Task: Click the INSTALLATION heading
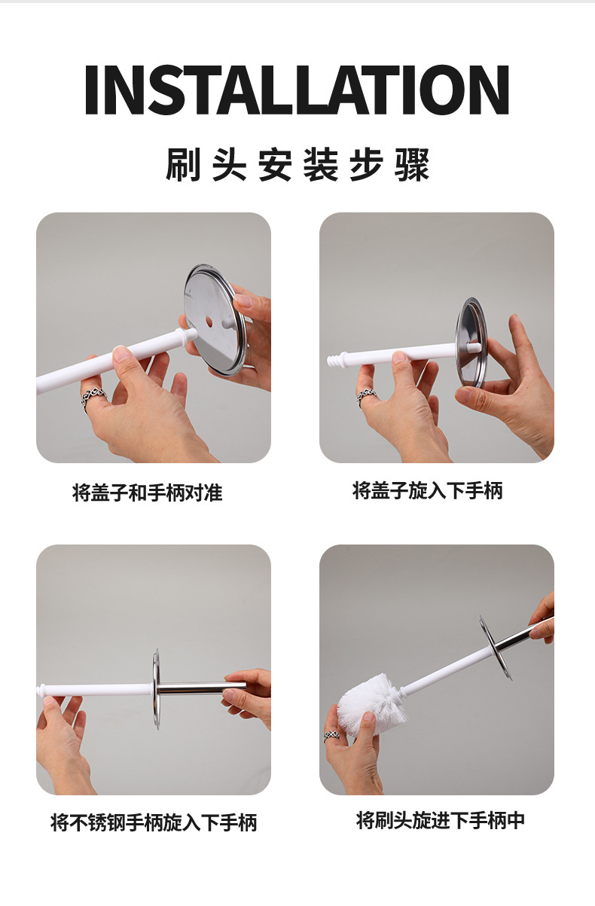(x=297, y=90)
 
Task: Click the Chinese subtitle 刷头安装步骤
(x=297, y=165)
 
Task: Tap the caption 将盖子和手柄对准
(x=147, y=493)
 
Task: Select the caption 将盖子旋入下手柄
(x=428, y=490)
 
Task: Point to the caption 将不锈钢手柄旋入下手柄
(x=154, y=822)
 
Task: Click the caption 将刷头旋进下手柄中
(x=441, y=820)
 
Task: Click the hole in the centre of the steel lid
(x=209, y=322)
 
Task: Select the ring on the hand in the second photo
(x=365, y=397)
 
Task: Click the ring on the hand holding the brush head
(x=332, y=735)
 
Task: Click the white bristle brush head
(x=372, y=703)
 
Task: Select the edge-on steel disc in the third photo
(x=156, y=689)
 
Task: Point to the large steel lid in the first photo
(x=215, y=319)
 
